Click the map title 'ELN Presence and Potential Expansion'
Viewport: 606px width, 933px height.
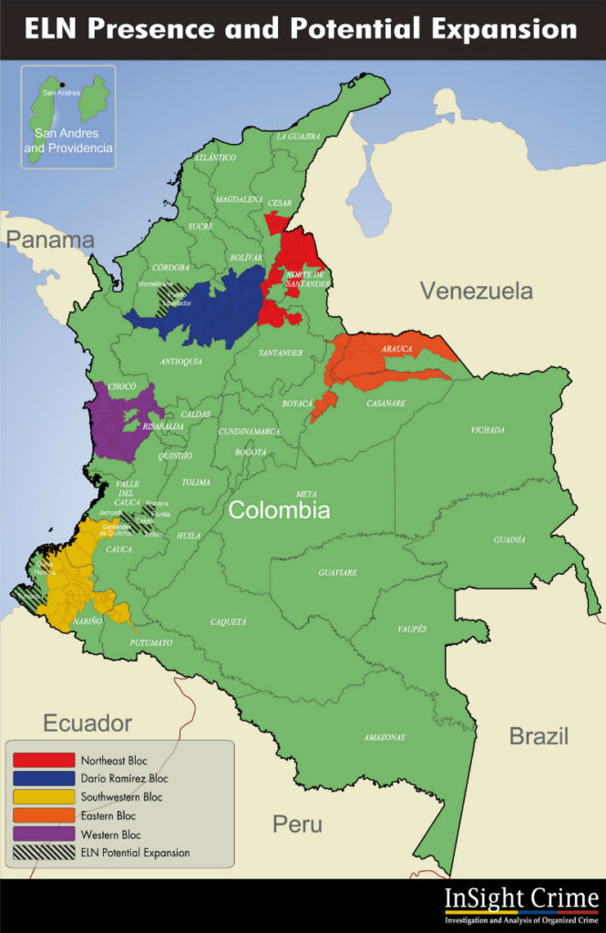tap(301, 29)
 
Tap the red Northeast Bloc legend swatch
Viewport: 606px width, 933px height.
tap(43, 759)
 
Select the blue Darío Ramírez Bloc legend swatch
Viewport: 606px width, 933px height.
tap(43, 778)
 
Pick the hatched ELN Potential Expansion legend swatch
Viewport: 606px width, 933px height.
tap(43, 853)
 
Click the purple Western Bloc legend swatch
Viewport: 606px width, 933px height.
tap(43, 834)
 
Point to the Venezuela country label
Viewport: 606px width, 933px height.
tap(476, 292)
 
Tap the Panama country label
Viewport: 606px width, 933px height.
tap(49, 240)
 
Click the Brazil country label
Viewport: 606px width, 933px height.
tap(538, 736)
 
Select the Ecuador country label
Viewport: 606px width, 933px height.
tap(87, 723)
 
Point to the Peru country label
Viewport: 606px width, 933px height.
tap(297, 825)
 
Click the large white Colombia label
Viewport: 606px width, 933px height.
tap(279, 510)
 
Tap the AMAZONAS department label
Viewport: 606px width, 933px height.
tap(385, 736)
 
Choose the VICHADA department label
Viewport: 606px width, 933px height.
tap(489, 429)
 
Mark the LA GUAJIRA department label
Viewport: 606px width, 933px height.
tap(299, 136)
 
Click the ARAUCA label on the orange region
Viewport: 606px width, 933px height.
tap(396, 348)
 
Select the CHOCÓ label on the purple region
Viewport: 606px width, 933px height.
tap(122, 386)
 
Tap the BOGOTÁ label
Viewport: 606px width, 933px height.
tap(251, 452)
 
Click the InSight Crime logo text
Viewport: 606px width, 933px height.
tap(521, 900)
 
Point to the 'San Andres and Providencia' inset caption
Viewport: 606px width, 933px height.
tap(74, 139)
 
